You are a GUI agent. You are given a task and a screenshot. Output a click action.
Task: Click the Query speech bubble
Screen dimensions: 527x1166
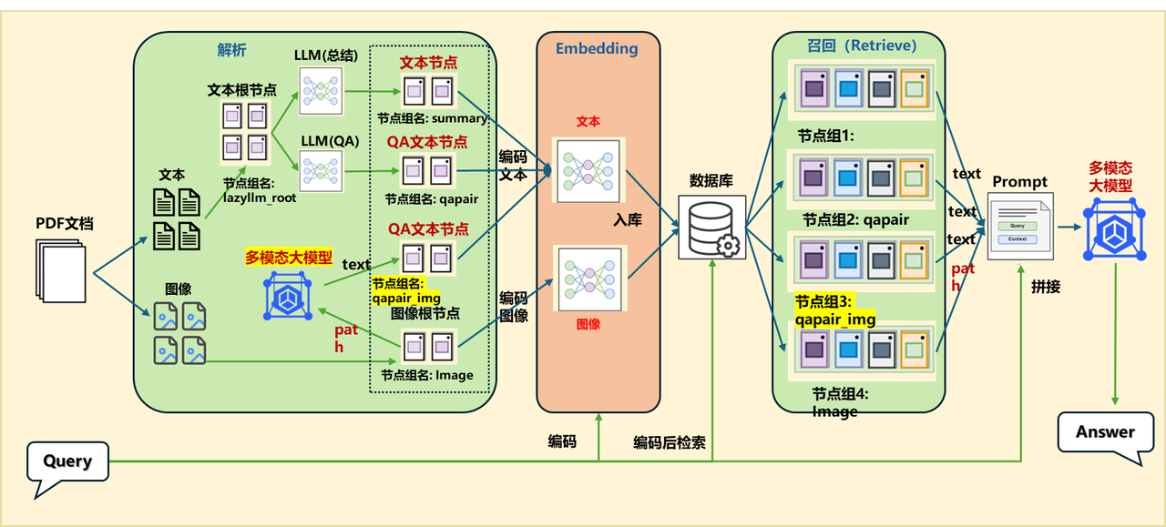click(68, 461)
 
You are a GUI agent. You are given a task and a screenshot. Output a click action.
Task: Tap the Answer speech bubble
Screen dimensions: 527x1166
click(1105, 431)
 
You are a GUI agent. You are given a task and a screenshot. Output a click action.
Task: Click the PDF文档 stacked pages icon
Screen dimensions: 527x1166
click(62, 270)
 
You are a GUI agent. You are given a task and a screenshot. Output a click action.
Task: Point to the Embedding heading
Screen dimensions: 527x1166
click(597, 48)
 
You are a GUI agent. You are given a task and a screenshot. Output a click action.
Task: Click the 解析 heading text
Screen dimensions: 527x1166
click(231, 50)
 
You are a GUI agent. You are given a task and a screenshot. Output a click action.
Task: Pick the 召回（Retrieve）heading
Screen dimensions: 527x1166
click(861, 45)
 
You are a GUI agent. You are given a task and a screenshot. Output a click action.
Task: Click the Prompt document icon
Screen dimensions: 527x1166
click(1020, 227)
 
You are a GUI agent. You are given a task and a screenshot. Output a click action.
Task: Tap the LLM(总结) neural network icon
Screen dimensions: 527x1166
click(320, 91)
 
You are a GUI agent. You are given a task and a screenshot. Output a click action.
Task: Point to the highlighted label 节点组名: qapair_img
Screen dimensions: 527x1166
click(407, 289)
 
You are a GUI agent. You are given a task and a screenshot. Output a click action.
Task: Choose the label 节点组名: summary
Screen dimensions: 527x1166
click(433, 118)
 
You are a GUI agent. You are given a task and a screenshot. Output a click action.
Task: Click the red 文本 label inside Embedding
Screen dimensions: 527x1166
click(588, 121)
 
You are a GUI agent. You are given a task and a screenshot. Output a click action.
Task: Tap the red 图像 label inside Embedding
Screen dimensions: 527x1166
click(588, 323)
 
